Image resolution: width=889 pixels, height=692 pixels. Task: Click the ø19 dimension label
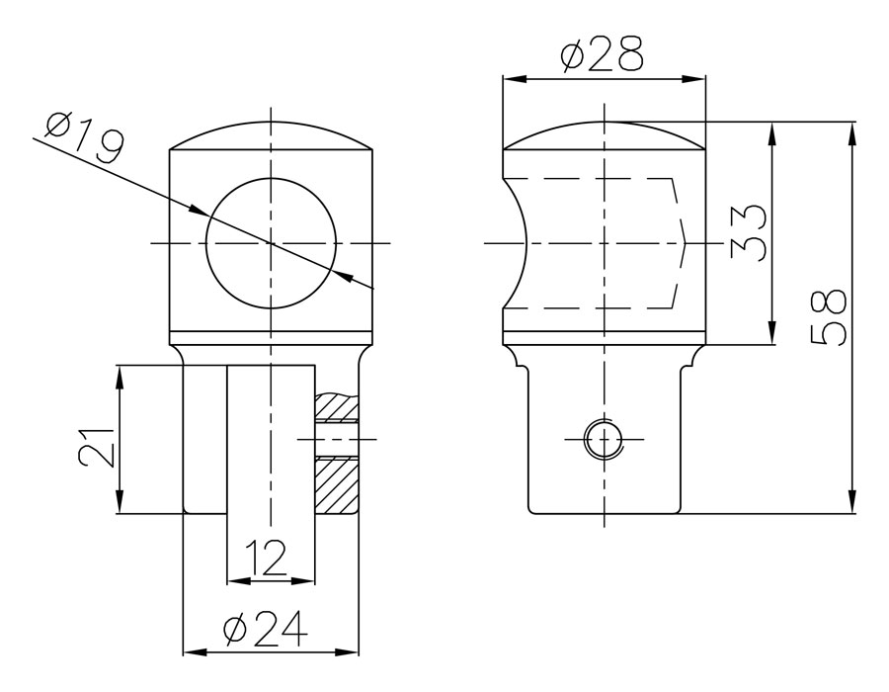(x=84, y=136)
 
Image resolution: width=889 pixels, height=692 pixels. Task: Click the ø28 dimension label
(x=603, y=54)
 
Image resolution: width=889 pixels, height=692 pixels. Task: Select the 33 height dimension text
(x=749, y=232)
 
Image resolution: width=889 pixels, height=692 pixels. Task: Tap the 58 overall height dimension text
(x=829, y=317)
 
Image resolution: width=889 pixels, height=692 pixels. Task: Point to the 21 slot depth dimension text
(x=97, y=448)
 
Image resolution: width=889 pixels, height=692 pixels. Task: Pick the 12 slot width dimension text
(x=267, y=558)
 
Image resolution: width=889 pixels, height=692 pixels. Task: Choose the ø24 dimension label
(x=266, y=629)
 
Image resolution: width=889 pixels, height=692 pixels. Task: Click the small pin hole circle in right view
(x=605, y=440)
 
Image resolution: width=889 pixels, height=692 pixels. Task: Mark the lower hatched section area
(x=337, y=485)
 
